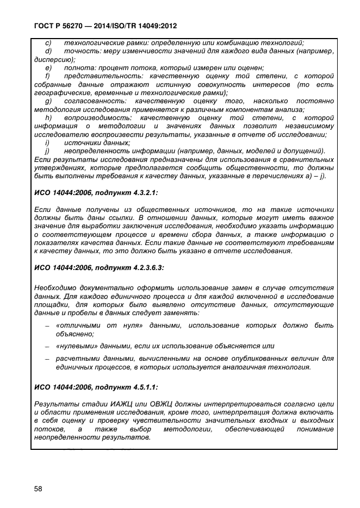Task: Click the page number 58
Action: coord(38,488)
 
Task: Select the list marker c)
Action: coord(48,43)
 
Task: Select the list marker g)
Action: coord(48,101)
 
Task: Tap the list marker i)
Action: coord(47,142)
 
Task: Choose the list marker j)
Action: coord(48,150)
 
